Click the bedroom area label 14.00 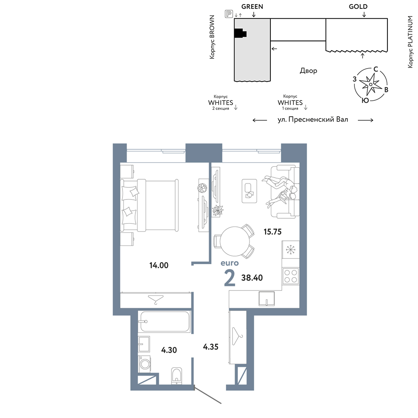pyautogui.click(x=159, y=265)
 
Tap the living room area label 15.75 pyautogui.click(x=273, y=232)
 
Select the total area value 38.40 pyautogui.click(x=252, y=278)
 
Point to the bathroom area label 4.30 pyautogui.click(x=169, y=350)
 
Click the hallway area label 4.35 pyautogui.click(x=211, y=347)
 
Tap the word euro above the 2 pyautogui.click(x=229, y=263)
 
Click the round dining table pyautogui.click(x=235, y=241)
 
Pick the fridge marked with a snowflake pyautogui.click(x=291, y=250)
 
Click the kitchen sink pyautogui.click(x=267, y=298)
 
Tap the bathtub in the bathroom pyautogui.click(x=164, y=321)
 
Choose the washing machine pyautogui.click(x=145, y=364)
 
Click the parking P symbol pyautogui.click(x=229, y=14)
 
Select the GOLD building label pyautogui.click(x=358, y=7)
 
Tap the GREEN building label pyautogui.click(x=252, y=7)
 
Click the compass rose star pyautogui.click(x=370, y=84)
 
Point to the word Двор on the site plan pyautogui.click(x=308, y=71)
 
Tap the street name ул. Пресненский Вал pyautogui.click(x=313, y=120)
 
